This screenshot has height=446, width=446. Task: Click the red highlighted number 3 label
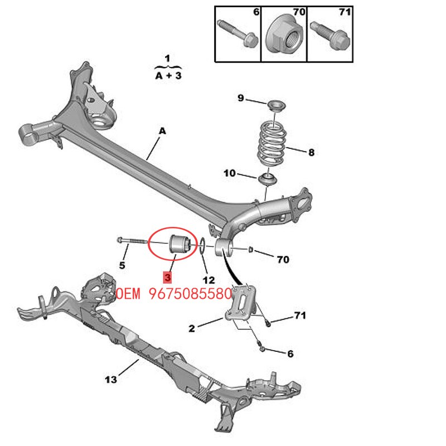(168, 277)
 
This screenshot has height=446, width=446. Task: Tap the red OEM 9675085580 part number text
(174, 294)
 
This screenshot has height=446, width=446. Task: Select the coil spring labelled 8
(272, 144)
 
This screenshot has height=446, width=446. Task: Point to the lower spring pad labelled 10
(268, 180)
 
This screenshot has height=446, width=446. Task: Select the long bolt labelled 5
(132, 241)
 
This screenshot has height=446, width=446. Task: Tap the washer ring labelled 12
(202, 245)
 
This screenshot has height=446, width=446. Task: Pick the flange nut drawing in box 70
(283, 35)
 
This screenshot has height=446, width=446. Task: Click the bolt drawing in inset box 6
(237, 33)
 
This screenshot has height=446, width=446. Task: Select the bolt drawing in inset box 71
(330, 35)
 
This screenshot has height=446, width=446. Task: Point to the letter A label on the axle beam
(162, 131)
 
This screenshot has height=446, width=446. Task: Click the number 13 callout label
(111, 379)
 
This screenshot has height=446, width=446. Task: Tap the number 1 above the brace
(167, 59)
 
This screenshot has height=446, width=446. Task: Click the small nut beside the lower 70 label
(251, 250)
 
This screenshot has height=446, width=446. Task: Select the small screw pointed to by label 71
(268, 323)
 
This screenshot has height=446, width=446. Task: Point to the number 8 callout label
(312, 152)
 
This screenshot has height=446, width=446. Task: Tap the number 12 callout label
(209, 280)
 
